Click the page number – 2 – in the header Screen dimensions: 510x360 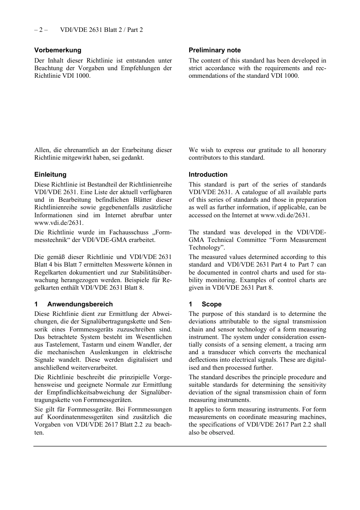[x=41, y=30]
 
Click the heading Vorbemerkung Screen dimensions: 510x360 [x=58, y=50]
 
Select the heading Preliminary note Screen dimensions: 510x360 [x=214, y=50]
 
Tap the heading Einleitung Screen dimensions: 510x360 [x=50, y=174]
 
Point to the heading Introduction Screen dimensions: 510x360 [x=208, y=174]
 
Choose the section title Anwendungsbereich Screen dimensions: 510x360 [x=80, y=304]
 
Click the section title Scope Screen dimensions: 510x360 [x=211, y=304]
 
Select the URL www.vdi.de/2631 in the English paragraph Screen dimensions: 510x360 [x=285, y=215]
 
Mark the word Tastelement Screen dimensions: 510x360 [x=63, y=345]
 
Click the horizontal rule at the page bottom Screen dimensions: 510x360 [x=180, y=446]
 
